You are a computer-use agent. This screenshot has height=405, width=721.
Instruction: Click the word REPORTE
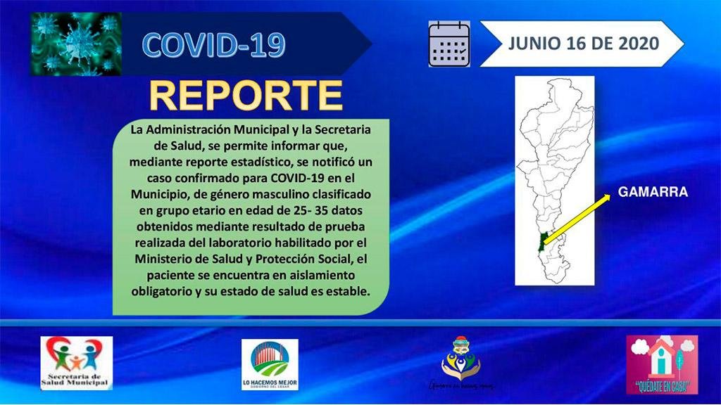[x=246, y=97]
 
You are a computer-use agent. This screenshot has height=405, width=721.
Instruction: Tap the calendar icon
[x=449, y=44]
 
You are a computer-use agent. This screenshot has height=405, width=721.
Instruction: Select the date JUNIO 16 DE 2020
[x=582, y=44]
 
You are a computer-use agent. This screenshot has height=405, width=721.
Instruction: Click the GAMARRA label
[x=652, y=191]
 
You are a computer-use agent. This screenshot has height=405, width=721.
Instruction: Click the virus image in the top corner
[x=76, y=44]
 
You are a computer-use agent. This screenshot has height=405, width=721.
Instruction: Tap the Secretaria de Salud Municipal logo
[x=76, y=363]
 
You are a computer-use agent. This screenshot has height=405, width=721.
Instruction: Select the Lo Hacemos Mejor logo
[x=270, y=364]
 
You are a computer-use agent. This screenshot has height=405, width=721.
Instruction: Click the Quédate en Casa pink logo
[x=662, y=364]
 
